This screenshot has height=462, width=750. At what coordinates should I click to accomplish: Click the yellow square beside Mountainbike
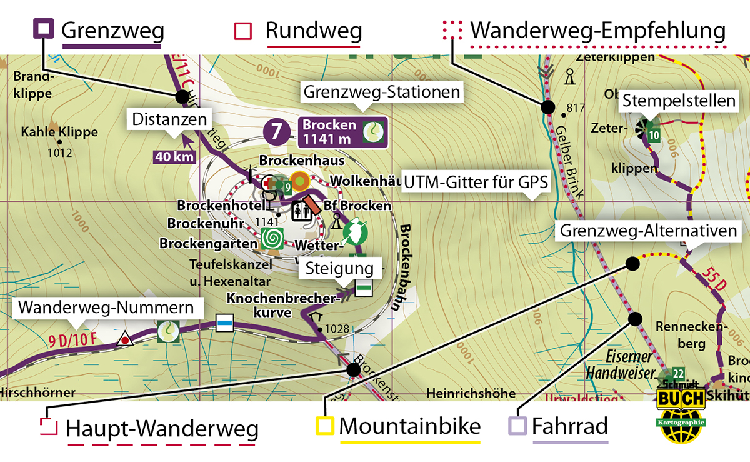324,426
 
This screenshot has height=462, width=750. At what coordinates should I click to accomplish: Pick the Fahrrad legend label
570,427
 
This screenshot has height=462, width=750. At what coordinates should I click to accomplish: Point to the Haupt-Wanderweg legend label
162,429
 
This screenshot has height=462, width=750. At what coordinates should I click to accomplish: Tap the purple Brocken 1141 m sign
343,131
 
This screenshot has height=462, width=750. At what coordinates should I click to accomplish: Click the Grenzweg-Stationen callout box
382,93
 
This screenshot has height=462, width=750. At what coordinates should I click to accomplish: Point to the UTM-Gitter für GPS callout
476,183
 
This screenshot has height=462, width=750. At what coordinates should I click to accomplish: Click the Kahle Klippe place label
59,133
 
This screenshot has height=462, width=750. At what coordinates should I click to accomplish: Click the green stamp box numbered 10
654,134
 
